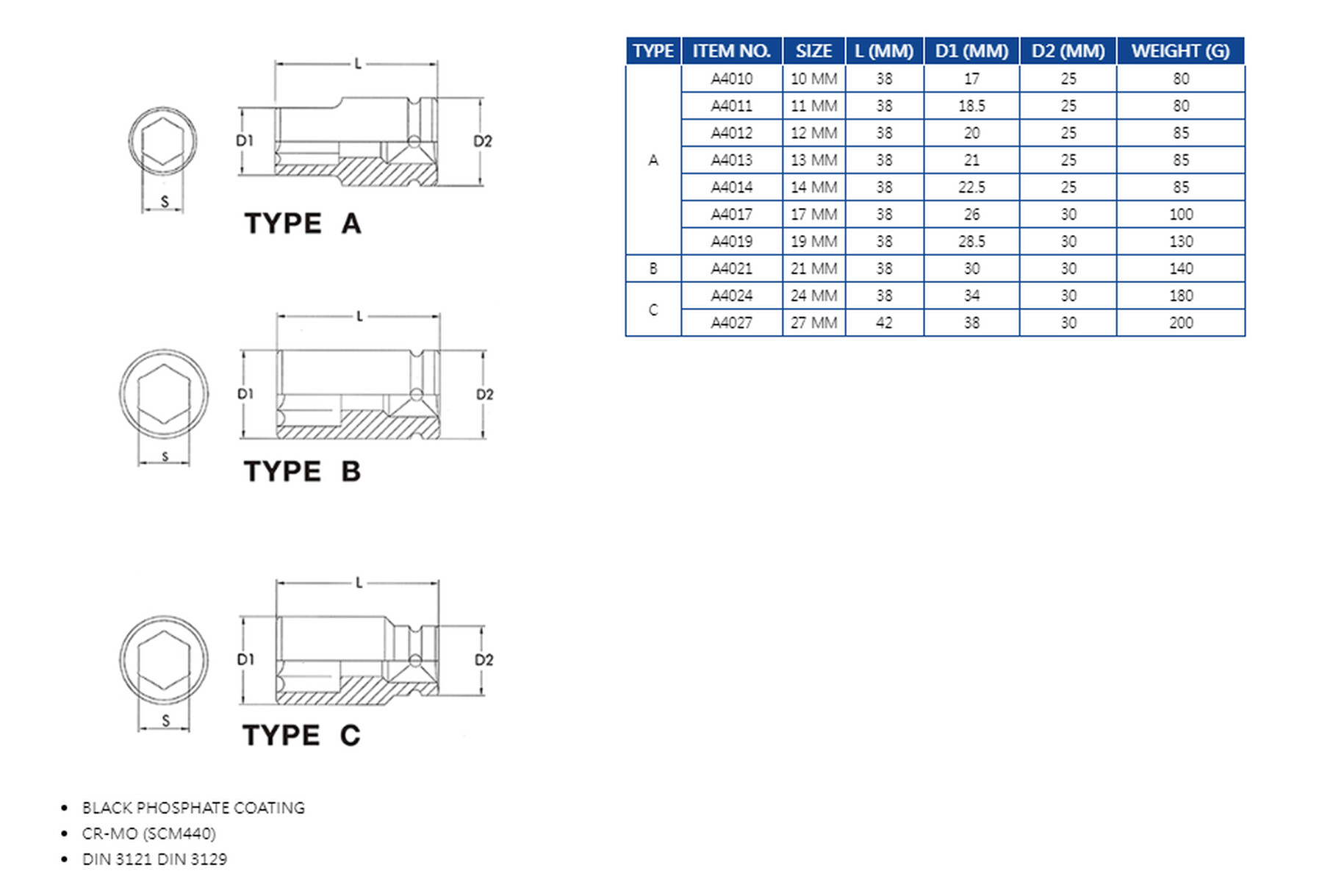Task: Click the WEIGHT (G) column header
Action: [x=1180, y=51]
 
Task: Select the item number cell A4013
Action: [x=731, y=160]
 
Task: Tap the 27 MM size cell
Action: [x=813, y=323]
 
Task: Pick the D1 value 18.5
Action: [x=971, y=106]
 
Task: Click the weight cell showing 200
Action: [x=1180, y=323]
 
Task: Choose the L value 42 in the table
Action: [x=884, y=323]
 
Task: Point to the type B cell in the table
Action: [x=653, y=269]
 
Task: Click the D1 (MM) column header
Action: [x=971, y=51]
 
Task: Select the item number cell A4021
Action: [x=731, y=269]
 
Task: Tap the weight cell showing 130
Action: [x=1180, y=242]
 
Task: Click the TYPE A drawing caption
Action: [x=303, y=223]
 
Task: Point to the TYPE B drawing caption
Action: [x=302, y=471]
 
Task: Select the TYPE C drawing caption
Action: [x=301, y=735]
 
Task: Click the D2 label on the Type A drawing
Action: [x=483, y=141]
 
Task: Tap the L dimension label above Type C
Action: [x=359, y=583]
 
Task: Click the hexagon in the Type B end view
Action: [x=164, y=395]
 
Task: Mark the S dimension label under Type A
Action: [x=165, y=201]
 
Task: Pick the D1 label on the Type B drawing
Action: [x=245, y=394]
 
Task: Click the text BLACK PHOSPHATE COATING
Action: [x=193, y=808]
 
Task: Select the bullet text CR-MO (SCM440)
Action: [x=149, y=833]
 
